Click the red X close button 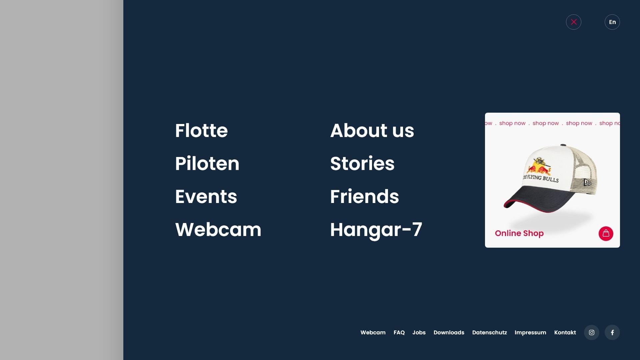point(573,22)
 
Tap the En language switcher point(612,22)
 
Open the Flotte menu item point(201,130)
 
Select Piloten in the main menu point(207,163)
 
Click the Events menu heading point(206,196)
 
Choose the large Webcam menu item point(218,229)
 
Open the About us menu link point(372,130)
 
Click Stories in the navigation point(362,163)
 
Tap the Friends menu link point(364,196)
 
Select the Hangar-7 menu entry point(376,230)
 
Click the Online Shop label point(519,233)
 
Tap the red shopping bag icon point(606,233)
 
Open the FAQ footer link point(399,332)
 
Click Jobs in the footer point(419,332)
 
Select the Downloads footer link point(449,332)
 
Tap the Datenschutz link point(489,332)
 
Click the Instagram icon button point(591,332)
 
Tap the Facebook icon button point(612,332)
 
